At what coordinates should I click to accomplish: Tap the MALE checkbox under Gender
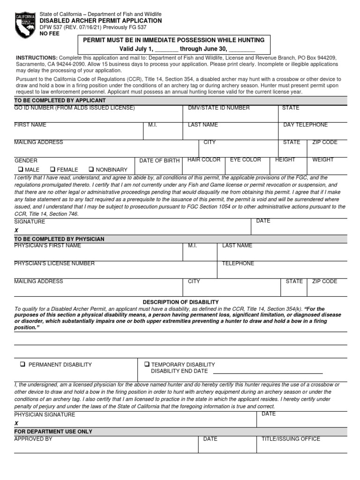tap(21, 170)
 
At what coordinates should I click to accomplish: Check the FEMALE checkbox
tap(53, 170)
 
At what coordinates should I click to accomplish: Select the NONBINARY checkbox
tap(92, 170)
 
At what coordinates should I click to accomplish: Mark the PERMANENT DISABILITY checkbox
tap(22, 365)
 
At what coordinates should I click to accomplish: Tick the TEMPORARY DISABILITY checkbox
tap(147, 364)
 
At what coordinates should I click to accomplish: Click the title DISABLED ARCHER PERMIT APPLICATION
tap(100, 21)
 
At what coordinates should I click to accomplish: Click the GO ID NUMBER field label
tap(75, 108)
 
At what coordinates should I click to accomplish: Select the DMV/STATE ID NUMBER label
tap(218, 108)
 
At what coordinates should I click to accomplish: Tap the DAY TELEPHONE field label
tap(305, 125)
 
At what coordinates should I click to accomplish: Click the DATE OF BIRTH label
tap(159, 161)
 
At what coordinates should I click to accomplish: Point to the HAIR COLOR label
tap(203, 160)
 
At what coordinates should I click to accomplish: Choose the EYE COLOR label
tap(245, 160)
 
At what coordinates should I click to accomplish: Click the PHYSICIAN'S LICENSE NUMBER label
tap(54, 263)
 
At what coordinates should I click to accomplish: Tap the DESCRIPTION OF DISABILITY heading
tap(180, 302)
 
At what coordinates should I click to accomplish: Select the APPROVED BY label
tap(33, 439)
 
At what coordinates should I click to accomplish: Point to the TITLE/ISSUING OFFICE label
tap(291, 439)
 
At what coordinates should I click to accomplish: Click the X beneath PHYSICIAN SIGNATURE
tap(16, 423)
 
